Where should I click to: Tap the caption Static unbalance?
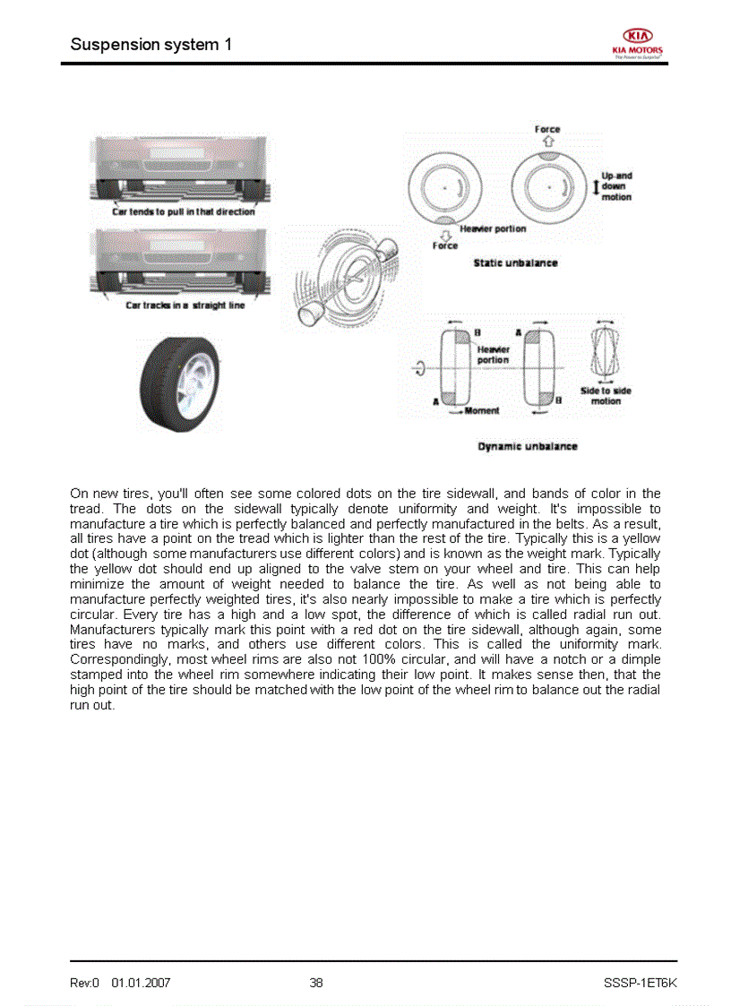tap(515, 262)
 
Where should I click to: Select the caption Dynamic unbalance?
tap(528, 446)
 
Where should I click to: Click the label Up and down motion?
tap(616, 186)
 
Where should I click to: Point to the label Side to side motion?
tap(606, 396)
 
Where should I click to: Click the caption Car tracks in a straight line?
tap(185, 305)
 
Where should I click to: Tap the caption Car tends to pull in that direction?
tap(183, 212)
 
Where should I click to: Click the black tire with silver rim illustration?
tap(178, 383)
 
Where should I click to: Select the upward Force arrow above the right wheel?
tap(548, 141)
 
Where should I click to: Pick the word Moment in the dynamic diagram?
tap(482, 411)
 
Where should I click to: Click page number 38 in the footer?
tap(316, 983)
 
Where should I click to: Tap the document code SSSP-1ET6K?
tap(641, 983)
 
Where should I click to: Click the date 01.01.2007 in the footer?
tap(141, 983)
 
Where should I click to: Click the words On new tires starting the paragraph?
tap(103, 494)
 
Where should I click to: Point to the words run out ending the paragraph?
tap(92, 705)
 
